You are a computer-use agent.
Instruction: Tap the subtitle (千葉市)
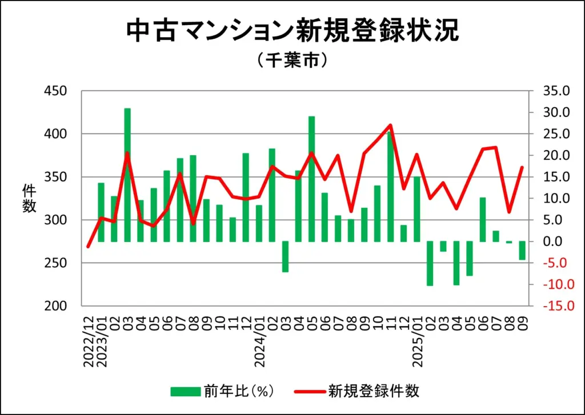point(292,59)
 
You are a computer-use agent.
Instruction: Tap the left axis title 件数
point(29,199)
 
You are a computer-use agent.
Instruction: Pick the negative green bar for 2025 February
point(430,263)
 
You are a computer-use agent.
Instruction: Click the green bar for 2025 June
point(483,219)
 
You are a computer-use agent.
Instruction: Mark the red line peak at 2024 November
point(390,125)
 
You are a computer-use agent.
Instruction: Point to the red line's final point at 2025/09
point(522,167)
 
